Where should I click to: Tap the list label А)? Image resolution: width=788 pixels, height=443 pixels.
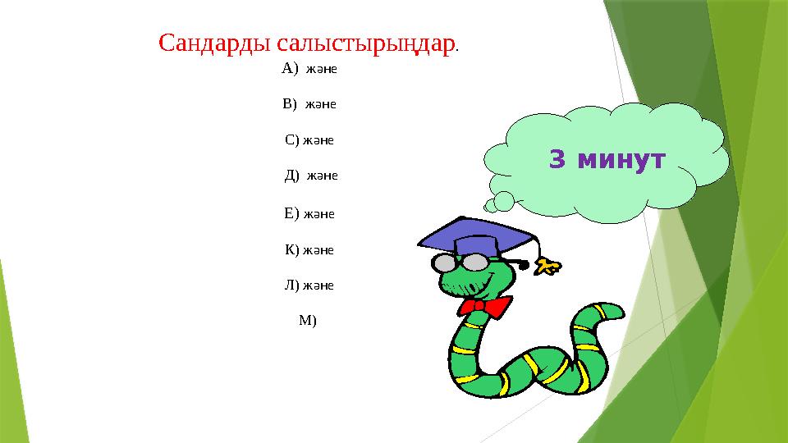pyautogui.click(x=290, y=68)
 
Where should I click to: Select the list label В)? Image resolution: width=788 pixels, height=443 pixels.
pyautogui.click(x=290, y=104)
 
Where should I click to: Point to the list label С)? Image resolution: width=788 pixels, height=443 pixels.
pyautogui.click(x=292, y=139)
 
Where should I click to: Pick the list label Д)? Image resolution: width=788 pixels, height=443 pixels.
pyautogui.click(x=292, y=176)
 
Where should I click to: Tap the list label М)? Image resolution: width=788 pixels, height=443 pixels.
pyautogui.click(x=307, y=321)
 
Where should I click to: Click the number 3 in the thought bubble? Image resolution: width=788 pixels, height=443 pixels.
pyautogui.click(x=557, y=160)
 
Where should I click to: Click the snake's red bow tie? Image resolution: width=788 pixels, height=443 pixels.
pyautogui.click(x=485, y=308)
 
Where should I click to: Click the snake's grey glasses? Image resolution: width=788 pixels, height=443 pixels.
pyautogui.click(x=460, y=263)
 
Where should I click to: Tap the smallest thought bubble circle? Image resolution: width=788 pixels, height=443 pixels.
pyautogui.click(x=490, y=206)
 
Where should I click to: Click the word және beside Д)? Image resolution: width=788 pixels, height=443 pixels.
pyautogui.click(x=323, y=176)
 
